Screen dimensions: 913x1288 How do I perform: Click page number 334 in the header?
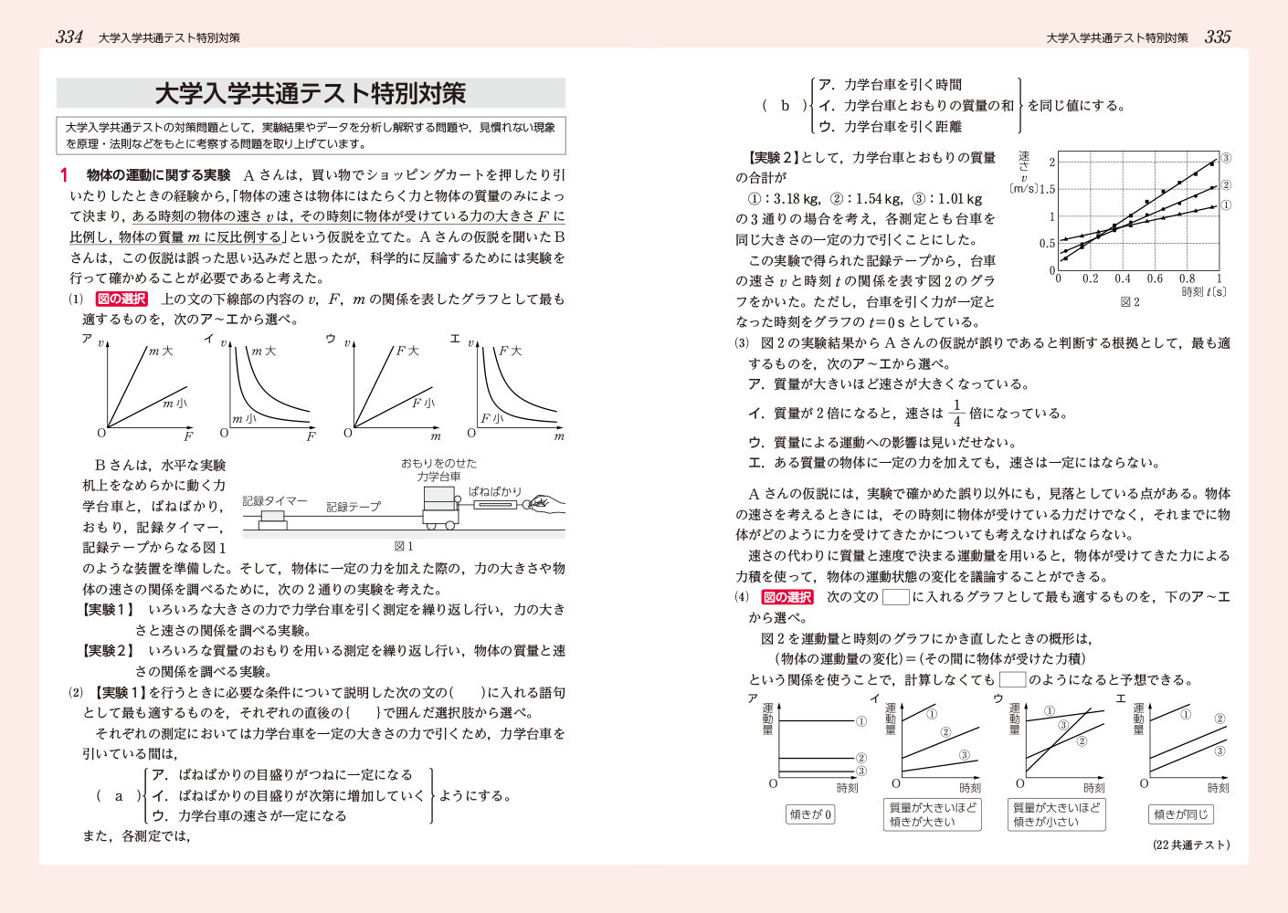pyautogui.click(x=69, y=37)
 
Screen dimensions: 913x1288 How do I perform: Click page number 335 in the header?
pyautogui.click(x=1218, y=37)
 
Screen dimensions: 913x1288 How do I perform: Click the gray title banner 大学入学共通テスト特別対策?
pyautogui.click(x=311, y=93)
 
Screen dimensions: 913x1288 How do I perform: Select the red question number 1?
pyautogui.click(x=64, y=174)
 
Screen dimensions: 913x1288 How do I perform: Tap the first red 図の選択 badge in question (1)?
pyautogui.click(x=121, y=299)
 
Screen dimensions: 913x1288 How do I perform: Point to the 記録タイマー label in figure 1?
pyautogui.click(x=275, y=501)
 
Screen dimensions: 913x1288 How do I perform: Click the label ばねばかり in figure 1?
pyautogui.click(x=494, y=490)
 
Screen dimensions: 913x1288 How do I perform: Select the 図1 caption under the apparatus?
pyautogui.click(x=403, y=546)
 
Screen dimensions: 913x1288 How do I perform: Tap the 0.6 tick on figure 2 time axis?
pyautogui.click(x=1155, y=279)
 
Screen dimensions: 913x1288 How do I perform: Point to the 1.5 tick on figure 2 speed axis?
pyautogui.click(x=1046, y=189)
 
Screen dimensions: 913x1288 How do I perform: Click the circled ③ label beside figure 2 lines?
pyautogui.click(x=1226, y=157)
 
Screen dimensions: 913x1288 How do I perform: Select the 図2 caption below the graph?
pyautogui.click(x=1130, y=301)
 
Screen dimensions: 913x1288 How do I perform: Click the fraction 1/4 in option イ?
pyautogui.click(x=956, y=413)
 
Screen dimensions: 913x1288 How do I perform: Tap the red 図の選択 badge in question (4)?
pyautogui.click(x=787, y=597)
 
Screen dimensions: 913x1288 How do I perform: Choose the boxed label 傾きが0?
pyautogui.click(x=810, y=814)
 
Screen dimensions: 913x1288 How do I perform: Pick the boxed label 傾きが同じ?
pyautogui.click(x=1180, y=814)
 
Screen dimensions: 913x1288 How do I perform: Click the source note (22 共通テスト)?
pyautogui.click(x=1191, y=845)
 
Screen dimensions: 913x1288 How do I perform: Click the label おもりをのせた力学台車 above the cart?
pyautogui.click(x=439, y=469)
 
